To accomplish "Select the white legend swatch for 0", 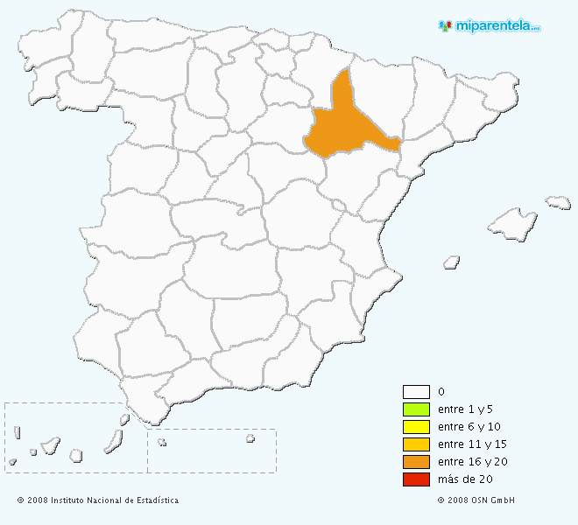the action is [416, 392].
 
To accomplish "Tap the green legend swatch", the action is [416, 409].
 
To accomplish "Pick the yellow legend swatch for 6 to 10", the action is [416, 427].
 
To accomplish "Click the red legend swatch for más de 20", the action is [416, 479].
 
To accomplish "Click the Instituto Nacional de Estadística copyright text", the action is [97, 500].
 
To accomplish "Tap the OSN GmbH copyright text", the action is [476, 500].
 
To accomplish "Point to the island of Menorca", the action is [559, 202].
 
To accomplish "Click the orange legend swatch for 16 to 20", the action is [416, 462].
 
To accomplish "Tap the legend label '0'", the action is [441, 392].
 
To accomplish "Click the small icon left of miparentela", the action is [446, 26].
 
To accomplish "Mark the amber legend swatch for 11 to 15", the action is [416, 444].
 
